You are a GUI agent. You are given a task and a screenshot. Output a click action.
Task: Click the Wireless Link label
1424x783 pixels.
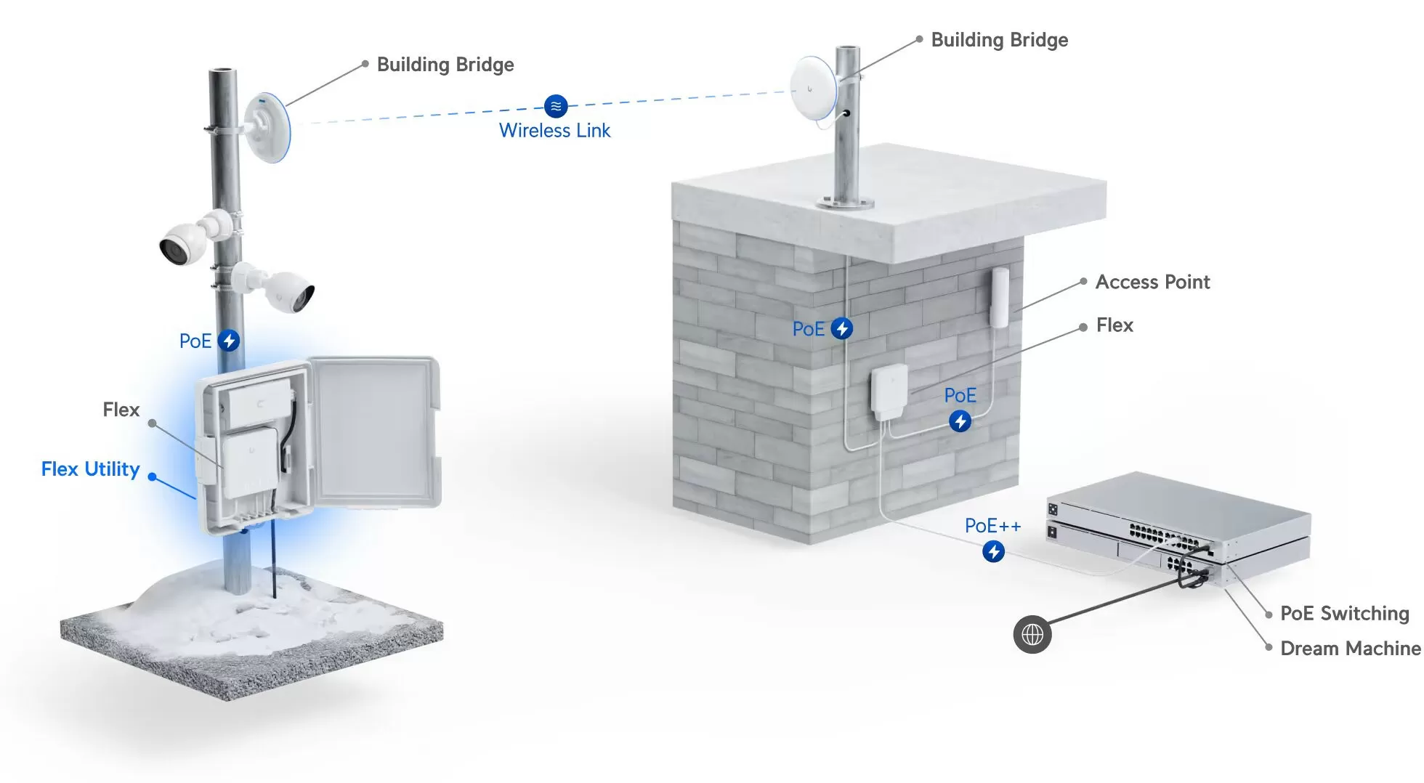coord(554,131)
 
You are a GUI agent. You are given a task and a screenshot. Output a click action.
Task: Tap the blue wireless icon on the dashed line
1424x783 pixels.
coord(556,106)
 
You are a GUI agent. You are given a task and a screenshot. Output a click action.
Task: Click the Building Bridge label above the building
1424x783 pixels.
coord(999,40)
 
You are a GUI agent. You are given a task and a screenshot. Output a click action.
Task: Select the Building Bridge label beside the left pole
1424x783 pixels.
coord(445,65)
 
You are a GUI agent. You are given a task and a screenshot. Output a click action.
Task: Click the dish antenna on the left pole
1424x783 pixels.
coord(267,128)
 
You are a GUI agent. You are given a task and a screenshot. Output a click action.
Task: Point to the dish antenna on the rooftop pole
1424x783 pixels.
coord(814,89)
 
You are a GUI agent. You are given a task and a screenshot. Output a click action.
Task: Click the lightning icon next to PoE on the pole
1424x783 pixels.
coord(229,341)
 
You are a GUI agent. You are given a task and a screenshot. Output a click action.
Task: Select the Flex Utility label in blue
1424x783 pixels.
coord(90,469)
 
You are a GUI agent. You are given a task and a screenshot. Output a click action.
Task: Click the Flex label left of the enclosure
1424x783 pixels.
coord(121,410)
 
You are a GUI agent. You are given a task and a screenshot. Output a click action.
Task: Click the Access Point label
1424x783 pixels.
coord(1152,282)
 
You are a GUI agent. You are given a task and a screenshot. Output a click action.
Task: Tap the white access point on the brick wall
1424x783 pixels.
coord(1000,298)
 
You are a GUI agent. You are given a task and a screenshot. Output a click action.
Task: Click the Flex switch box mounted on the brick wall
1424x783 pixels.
coord(890,392)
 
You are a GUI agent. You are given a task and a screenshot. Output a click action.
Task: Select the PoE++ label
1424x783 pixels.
coord(992,526)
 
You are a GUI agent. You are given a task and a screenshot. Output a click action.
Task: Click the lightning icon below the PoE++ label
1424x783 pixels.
coord(994,551)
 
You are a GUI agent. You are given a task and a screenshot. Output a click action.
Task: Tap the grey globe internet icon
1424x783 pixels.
coord(1032,635)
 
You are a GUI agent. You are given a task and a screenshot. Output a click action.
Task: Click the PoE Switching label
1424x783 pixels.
coord(1344,614)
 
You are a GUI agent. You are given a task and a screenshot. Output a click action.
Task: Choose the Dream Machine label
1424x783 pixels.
coord(1350,648)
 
